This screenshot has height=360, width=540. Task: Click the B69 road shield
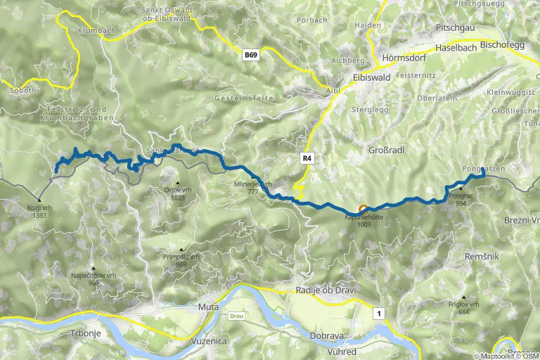[251, 54]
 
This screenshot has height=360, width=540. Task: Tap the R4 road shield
[307, 158]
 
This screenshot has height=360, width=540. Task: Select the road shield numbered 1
[380, 314]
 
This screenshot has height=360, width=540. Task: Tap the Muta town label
[209, 307]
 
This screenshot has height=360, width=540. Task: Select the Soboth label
[22, 91]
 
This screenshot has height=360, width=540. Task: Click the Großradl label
[387, 150]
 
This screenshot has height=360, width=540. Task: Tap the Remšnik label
[482, 257]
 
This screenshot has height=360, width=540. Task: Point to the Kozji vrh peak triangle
[39, 200]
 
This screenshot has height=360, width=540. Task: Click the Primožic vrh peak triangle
[181, 250]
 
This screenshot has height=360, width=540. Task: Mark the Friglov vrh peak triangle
[463, 297]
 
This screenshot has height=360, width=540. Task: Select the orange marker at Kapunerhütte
[364, 209]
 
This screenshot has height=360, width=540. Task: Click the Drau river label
[236, 316]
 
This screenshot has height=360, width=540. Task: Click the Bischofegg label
[503, 44]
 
